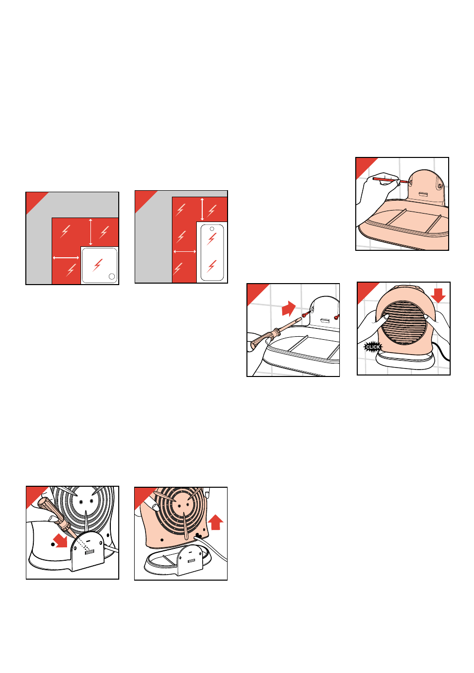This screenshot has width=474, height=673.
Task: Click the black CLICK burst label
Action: [x=373, y=347]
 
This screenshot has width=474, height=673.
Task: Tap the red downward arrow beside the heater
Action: [x=438, y=296]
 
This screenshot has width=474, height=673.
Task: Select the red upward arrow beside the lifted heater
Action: [x=216, y=522]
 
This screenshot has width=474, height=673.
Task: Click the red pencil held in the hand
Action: [x=390, y=180]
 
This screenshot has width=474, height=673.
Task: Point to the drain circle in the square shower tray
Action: [x=111, y=277]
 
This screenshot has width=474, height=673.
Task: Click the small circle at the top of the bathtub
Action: [x=212, y=229]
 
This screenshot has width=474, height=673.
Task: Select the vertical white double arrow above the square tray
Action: [x=90, y=232]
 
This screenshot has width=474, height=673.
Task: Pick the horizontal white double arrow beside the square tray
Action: [x=66, y=257]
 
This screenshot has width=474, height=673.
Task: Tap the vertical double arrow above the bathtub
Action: [x=202, y=209]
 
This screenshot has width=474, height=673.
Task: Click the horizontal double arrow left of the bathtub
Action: [x=185, y=251]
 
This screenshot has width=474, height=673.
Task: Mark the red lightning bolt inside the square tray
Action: [x=97, y=265]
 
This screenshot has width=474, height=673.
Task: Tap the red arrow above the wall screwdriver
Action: [x=289, y=308]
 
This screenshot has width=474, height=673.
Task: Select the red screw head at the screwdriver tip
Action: [x=305, y=314]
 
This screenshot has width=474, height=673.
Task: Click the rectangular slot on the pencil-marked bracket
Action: [x=423, y=194]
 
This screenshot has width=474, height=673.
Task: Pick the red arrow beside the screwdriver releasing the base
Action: [x=61, y=540]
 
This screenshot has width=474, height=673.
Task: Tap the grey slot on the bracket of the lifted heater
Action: [x=191, y=561]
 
